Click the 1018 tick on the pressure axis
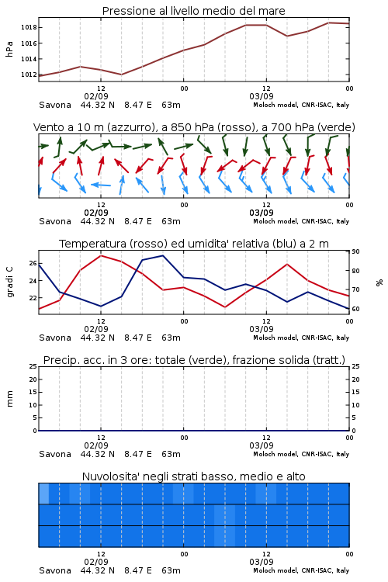click(29, 27)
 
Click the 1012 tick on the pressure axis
click(29, 74)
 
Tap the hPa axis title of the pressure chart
click(9, 49)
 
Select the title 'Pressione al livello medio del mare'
click(194, 11)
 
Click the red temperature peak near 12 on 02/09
click(101, 256)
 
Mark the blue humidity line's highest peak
click(163, 256)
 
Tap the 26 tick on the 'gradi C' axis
click(33, 264)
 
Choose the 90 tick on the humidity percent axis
click(355, 251)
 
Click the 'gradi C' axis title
click(9, 282)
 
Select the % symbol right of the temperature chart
click(379, 282)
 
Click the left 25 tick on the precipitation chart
click(33, 366)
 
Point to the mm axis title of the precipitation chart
click(9, 399)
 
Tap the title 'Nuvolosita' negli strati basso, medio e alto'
click(194, 476)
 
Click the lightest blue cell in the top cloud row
click(43, 494)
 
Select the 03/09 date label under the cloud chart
click(262, 562)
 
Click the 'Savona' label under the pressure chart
click(55, 105)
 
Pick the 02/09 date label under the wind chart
click(96, 213)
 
